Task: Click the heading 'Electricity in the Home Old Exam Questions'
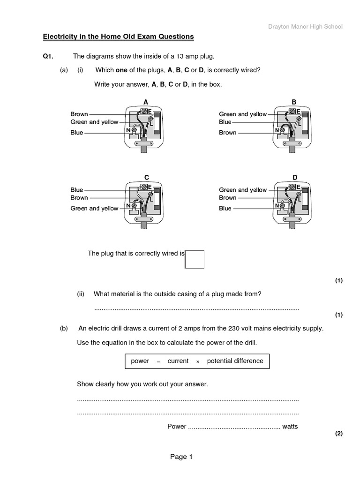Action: point(118,37)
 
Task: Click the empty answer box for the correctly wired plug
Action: point(195,259)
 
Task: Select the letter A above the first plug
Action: point(146,102)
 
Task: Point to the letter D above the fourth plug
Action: point(295,177)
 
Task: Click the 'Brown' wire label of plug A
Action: point(79,114)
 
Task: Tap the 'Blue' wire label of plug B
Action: point(225,122)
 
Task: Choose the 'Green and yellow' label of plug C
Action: point(94,208)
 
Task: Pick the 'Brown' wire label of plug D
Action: point(228,198)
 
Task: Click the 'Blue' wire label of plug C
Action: point(77,190)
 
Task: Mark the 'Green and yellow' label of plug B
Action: point(243,114)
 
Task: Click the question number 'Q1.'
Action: point(48,57)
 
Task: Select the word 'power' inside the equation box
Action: point(140,361)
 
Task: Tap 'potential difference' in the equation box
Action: point(235,361)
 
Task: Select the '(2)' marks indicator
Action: point(338,434)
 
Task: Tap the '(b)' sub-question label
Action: point(64,329)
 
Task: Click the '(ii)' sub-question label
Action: point(81,294)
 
